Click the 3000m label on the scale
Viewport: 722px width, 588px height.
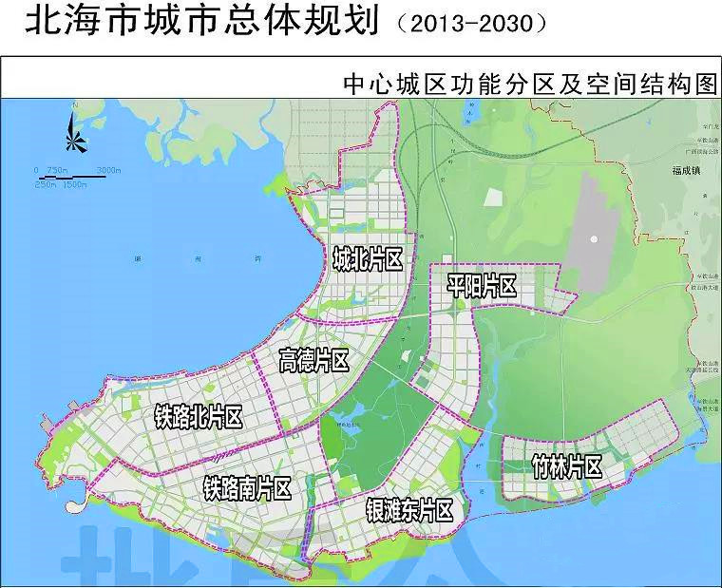pyautogui.click(x=108, y=169)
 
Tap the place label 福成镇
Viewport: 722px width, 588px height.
pyautogui.click(x=683, y=172)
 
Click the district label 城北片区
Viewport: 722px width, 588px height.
pyautogui.click(x=369, y=258)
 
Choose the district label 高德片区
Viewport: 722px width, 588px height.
pyautogui.click(x=313, y=360)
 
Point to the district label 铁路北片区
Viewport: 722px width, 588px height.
pyautogui.click(x=199, y=416)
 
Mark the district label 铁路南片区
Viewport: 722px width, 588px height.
pyautogui.click(x=247, y=488)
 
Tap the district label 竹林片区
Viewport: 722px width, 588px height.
pyautogui.click(x=567, y=466)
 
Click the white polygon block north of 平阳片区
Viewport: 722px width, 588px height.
pyautogui.click(x=493, y=198)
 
